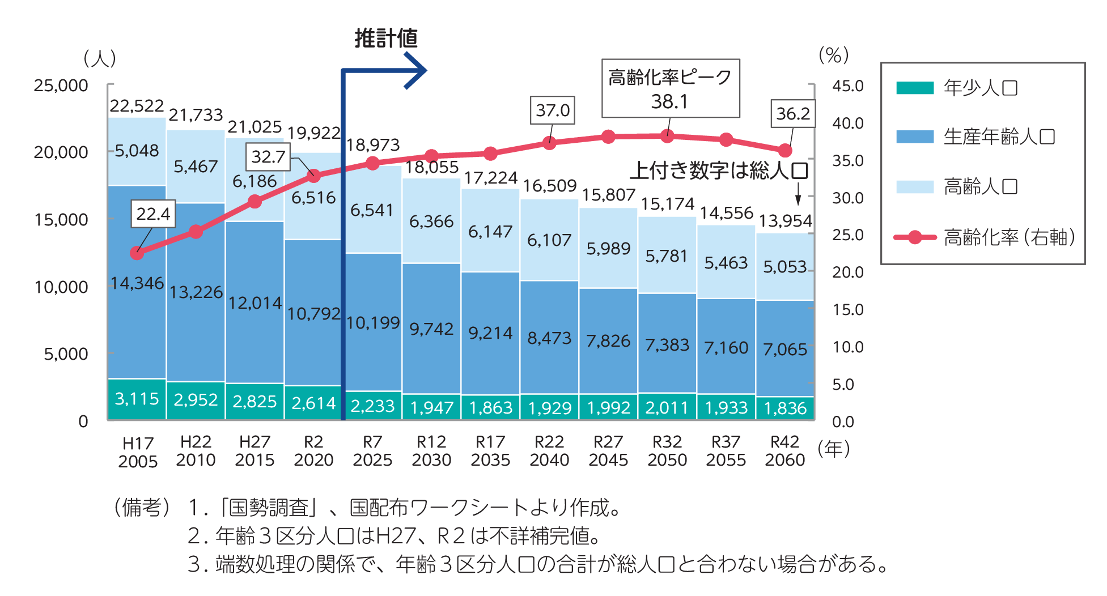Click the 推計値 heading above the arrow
[386, 39]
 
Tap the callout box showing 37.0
[553, 110]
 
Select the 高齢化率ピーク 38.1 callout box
[671, 88]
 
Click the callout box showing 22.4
[153, 214]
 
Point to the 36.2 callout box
[793, 113]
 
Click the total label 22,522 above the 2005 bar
[137, 106]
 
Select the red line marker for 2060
[785, 151]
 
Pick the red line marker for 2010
[196, 232]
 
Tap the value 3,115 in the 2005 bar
[137, 399]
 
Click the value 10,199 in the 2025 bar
[372, 323]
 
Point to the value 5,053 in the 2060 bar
[784, 266]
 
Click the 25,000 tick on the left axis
[61, 86]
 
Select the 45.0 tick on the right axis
[847, 86]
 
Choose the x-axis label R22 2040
[549, 451]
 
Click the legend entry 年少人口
[981, 88]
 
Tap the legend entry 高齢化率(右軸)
[1009, 237]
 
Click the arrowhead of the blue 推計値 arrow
[417, 71]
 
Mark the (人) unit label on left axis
[100, 58]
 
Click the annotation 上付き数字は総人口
[719, 171]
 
